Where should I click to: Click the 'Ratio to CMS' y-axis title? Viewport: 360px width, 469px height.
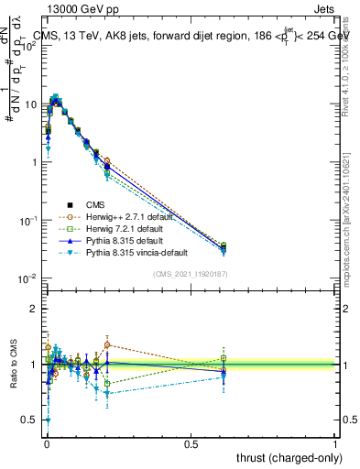14,365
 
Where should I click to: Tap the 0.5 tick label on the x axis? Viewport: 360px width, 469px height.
191,443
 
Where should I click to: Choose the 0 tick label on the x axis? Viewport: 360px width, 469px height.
47,443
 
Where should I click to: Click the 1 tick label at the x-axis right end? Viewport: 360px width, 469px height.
335,443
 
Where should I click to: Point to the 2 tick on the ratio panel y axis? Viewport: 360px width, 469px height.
36,309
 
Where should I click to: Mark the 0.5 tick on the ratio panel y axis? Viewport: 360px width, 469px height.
32,420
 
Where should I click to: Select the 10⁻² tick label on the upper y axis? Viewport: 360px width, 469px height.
28,278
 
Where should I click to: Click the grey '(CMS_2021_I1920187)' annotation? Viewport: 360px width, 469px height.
191,273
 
